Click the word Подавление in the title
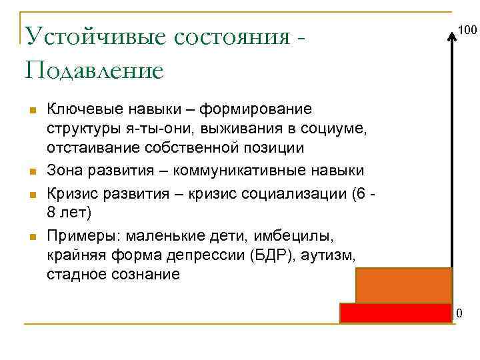[93, 69]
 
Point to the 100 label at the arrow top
[467, 30]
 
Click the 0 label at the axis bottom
[459, 313]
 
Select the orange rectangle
[404, 285]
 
